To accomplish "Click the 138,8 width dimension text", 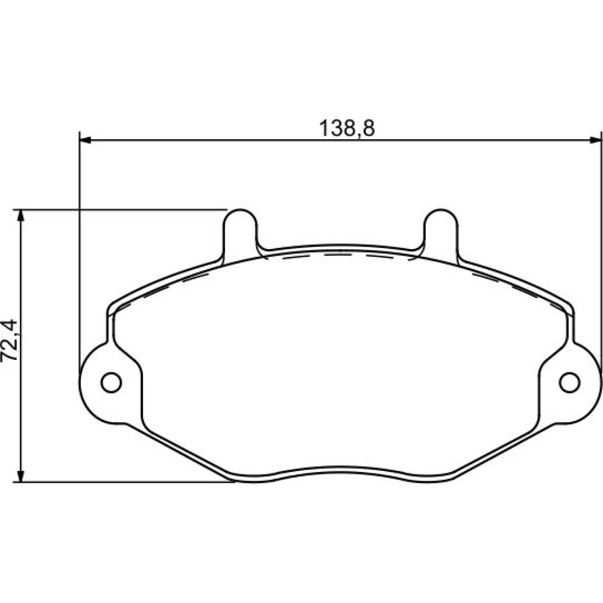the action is coord(347,128).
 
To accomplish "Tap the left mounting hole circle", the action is coord(111,382).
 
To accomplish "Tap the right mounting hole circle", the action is coord(570,382).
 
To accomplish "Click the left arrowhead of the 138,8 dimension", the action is coord(84,140).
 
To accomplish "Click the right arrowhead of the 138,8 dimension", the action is coord(595,140).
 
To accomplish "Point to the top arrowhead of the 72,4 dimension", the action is coord(21,216).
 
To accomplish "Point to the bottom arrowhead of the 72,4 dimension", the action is coord(21,475).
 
